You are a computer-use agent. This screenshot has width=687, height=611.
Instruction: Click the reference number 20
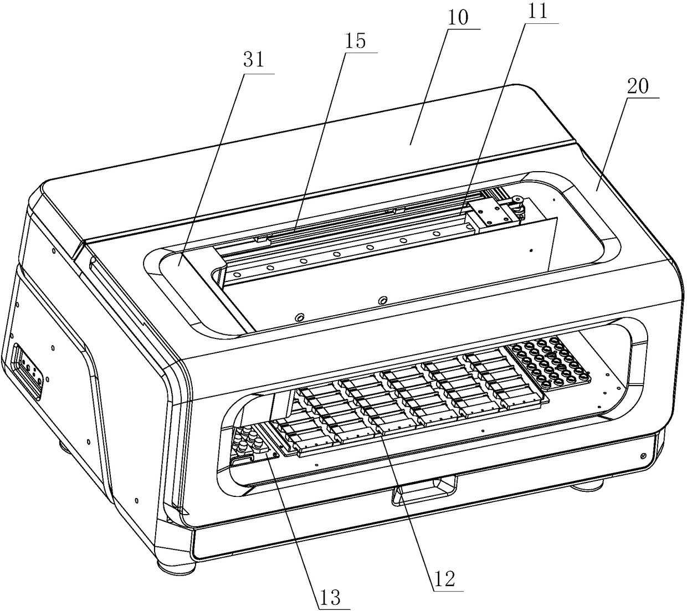(641, 86)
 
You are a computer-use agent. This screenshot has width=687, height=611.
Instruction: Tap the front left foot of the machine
(176, 567)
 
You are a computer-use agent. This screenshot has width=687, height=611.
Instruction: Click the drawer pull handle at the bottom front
(425, 490)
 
